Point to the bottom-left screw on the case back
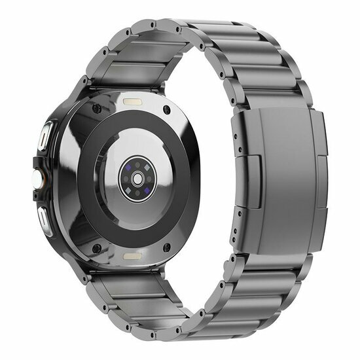tap(96, 248)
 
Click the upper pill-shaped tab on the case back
tap(135, 103)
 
